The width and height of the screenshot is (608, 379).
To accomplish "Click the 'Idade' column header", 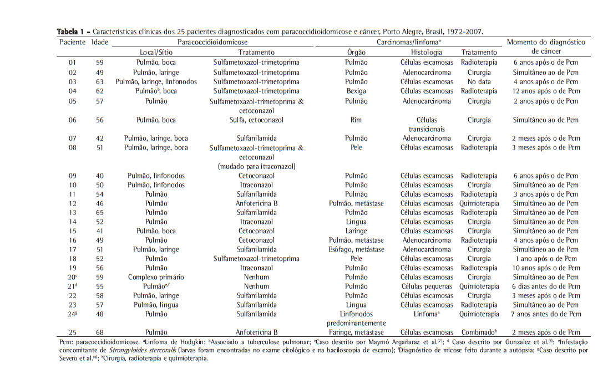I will (100, 42).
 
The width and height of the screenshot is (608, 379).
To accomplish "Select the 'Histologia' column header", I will (427, 52).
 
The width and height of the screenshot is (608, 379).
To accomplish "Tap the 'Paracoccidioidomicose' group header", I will (212, 42).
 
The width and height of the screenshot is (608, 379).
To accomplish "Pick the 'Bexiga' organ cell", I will (356, 91).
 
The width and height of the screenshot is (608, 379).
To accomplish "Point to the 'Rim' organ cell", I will (356, 120).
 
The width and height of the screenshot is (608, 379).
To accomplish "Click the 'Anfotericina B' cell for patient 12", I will (256, 203).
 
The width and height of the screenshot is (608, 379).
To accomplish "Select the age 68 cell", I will (100, 332).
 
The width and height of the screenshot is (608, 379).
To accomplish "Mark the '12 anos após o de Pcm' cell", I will (546, 91).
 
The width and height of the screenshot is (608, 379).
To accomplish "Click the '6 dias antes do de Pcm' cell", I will (546, 286).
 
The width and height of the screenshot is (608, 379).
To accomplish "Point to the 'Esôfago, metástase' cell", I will (356, 249).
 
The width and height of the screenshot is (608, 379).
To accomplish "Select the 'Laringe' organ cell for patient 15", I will (356, 231).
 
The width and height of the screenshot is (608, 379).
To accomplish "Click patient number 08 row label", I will (73, 148).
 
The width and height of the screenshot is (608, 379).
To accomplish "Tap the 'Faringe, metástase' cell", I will (356, 332).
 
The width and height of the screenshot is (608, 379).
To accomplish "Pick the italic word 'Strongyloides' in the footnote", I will (136, 351).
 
